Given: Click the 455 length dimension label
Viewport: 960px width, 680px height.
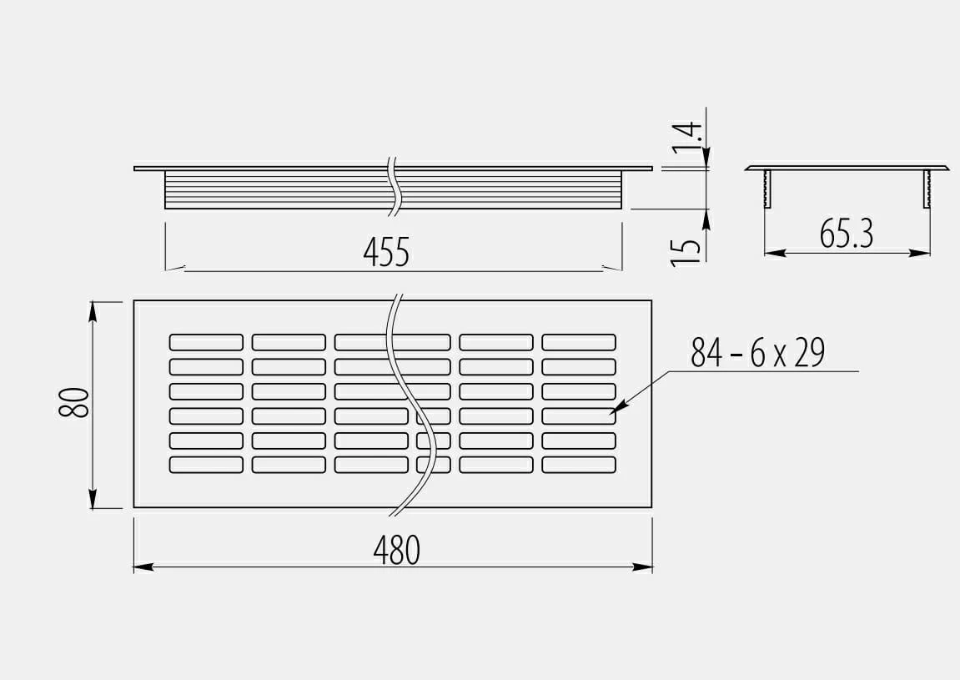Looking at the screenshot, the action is [385, 252].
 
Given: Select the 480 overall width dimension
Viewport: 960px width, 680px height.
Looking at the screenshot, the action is [397, 550].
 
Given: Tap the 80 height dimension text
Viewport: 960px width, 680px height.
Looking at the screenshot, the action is [74, 402].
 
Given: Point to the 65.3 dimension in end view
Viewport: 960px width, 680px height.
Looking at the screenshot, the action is [846, 234].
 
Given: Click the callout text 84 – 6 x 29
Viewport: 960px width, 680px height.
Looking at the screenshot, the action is [758, 352].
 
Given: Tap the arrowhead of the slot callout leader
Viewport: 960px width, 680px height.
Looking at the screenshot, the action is [618, 407].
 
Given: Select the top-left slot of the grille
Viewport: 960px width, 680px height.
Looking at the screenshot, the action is [206, 342].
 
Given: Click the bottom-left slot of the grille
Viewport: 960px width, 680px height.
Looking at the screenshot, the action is [206, 465].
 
